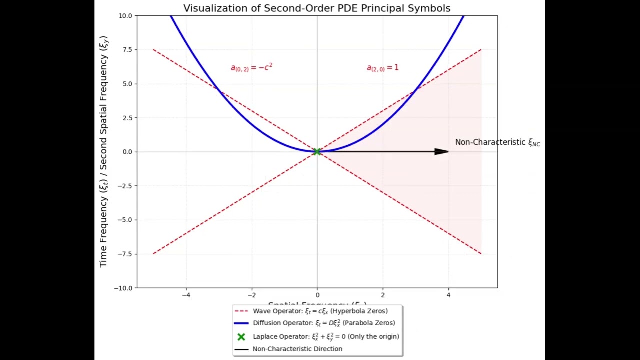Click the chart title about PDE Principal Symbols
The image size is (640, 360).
317,8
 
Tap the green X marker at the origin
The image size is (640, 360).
317,151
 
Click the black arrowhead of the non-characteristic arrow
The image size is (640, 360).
441,151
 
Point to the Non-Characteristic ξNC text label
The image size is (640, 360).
497,142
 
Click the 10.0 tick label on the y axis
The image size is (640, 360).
125,16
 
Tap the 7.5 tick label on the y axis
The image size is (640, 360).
127,50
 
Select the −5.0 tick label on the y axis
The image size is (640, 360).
125,220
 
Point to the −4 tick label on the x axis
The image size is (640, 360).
186,295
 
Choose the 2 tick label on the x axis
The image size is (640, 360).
383,295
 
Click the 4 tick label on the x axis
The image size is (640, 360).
448,295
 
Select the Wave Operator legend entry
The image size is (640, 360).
320,311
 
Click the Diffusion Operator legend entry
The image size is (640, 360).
324,323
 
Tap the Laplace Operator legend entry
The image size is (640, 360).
326,336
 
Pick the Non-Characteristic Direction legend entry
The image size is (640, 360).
297,349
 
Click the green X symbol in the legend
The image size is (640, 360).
241,337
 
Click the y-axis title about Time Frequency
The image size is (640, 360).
103,151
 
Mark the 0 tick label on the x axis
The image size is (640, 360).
317,295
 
